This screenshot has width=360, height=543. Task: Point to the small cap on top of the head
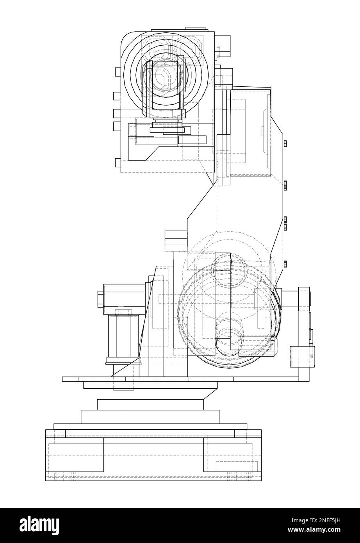pos(196,29)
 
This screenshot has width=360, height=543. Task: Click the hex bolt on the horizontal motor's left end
pos(100,299)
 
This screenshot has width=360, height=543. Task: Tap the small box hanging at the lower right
pos(302,357)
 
